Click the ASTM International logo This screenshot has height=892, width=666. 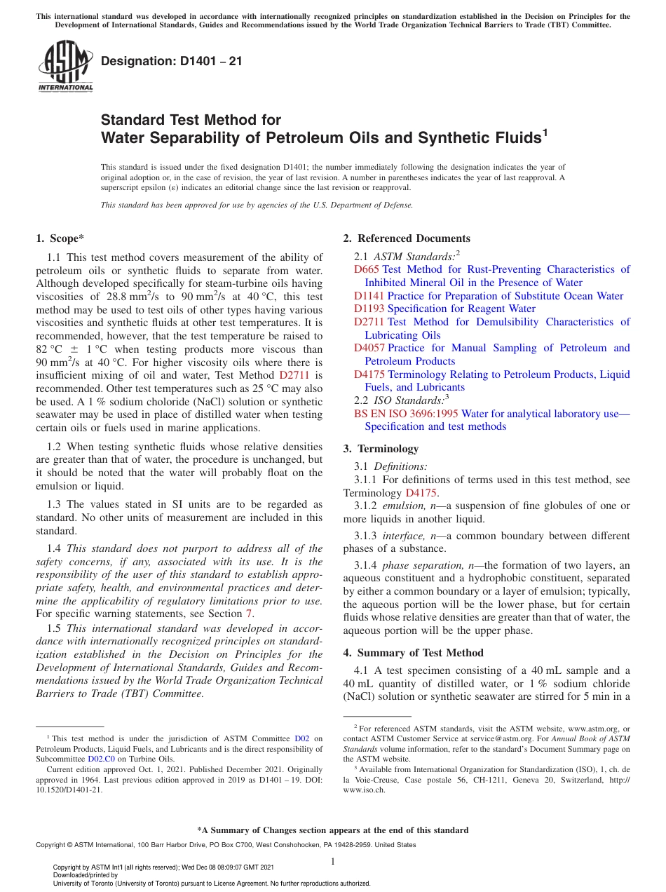pos(65,66)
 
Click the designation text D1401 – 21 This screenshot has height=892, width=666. pos(172,62)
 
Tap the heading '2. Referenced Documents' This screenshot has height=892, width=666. pos(407,238)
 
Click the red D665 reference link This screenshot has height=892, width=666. pos(366,269)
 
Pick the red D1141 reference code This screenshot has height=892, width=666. pos(369,296)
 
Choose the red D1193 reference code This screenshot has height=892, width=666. pos(369,309)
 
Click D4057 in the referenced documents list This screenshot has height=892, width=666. pos(369,348)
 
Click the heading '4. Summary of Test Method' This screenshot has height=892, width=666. pos(413,653)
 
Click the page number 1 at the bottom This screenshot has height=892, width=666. pos(333,861)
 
